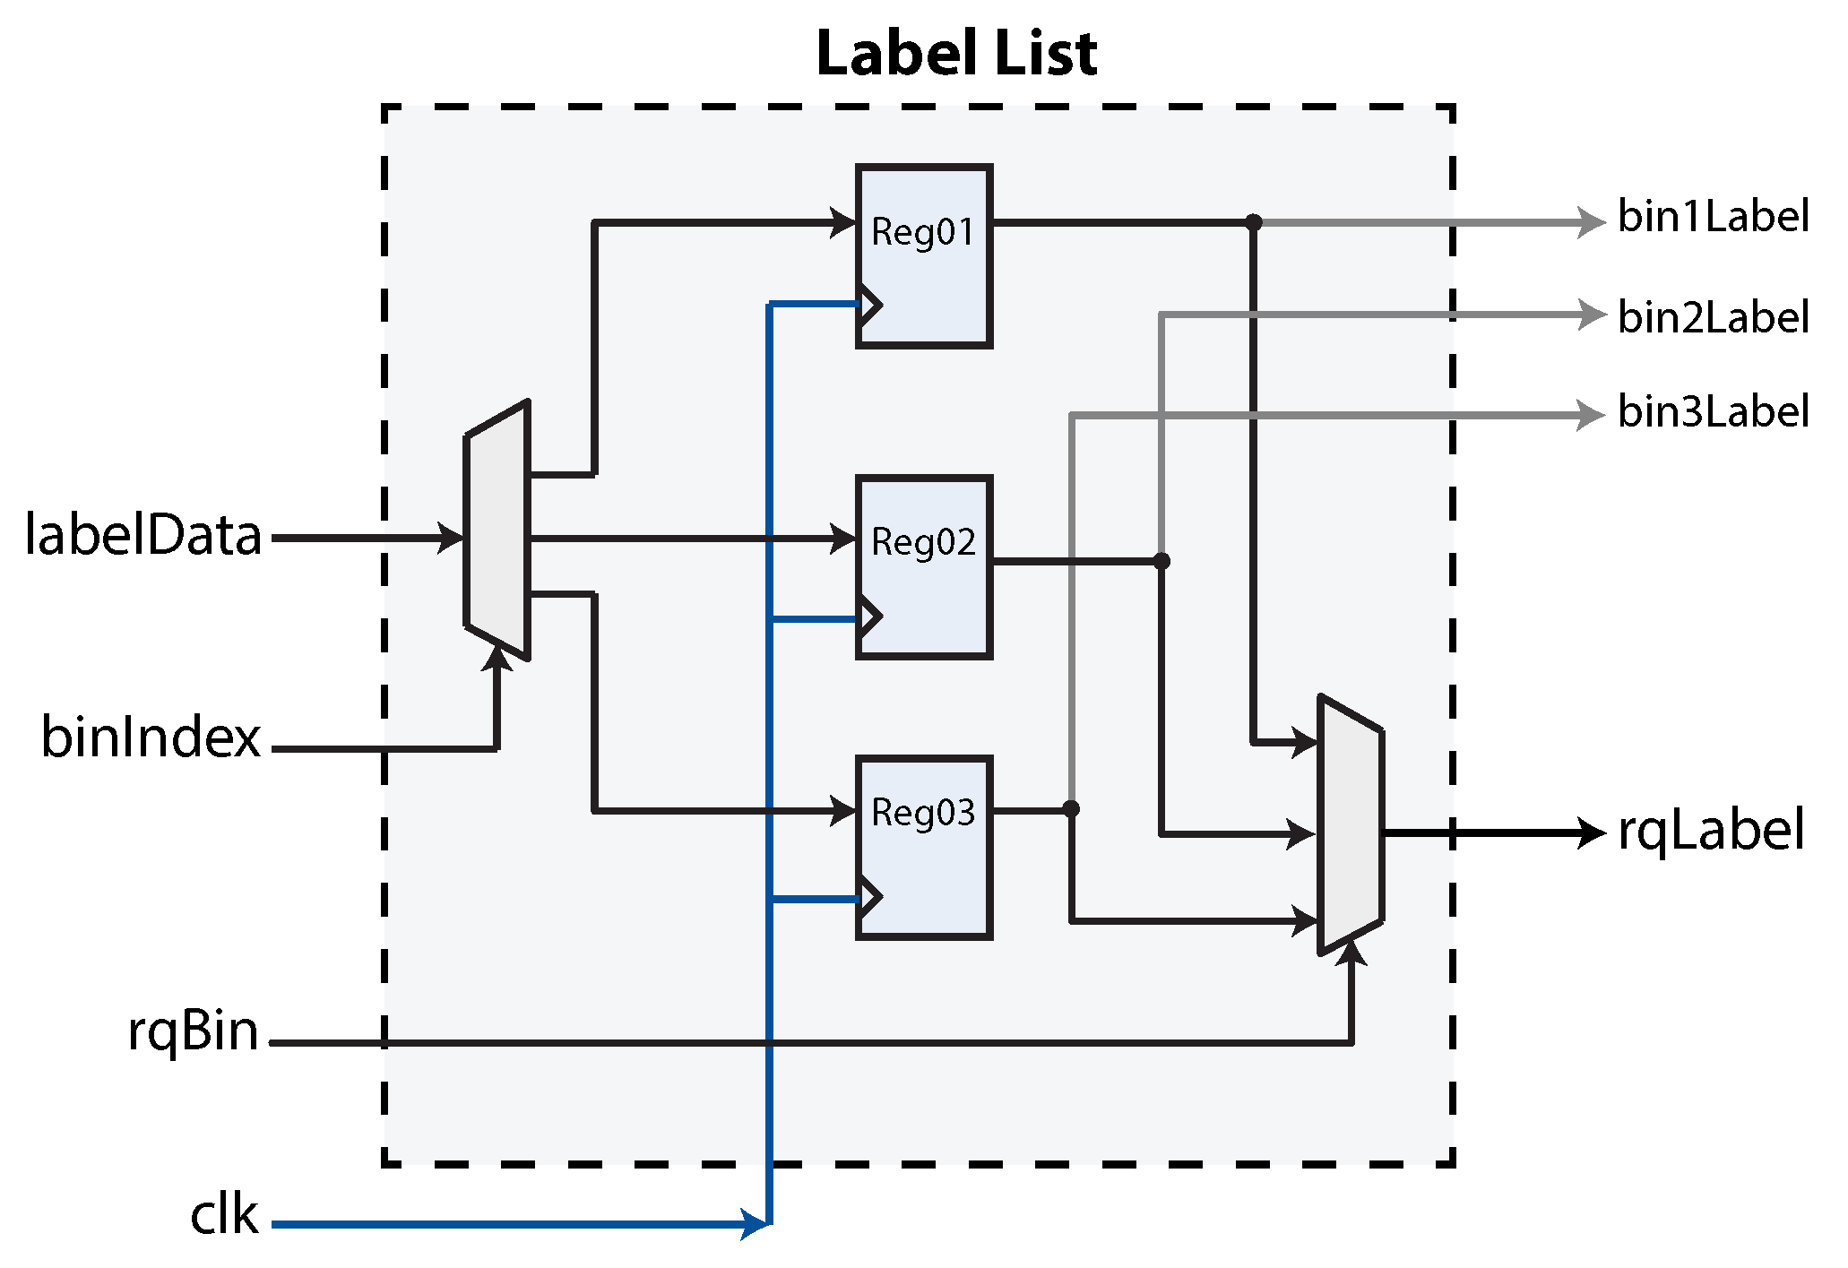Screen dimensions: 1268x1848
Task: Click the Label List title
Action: tap(956, 54)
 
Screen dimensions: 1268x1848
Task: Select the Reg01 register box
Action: tap(923, 255)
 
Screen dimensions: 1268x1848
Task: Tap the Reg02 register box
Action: tap(923, 567)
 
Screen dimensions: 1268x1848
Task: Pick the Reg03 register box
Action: tap(923, 847)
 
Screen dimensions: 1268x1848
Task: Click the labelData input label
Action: tap(143, 535)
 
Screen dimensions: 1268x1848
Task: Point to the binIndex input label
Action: tap(151, 738)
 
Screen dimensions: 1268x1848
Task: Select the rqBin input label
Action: tap(193, 1031)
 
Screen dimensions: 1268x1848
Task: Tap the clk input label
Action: tap(224, 1215)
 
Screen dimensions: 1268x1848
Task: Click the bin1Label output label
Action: tap(1713, 217)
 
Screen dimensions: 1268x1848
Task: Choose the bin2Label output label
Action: tap(1713, 317)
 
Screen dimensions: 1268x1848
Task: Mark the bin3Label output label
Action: tap(1713, 412)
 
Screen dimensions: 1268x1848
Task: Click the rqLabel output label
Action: tap(1711, 831)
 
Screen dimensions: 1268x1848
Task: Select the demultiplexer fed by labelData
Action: tap(497, 530)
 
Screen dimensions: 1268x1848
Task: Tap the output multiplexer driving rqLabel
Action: tap(1351, 825)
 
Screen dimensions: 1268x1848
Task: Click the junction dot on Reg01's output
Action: tap(1254, 222)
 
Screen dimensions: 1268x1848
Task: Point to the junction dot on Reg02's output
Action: tap(1161, 561)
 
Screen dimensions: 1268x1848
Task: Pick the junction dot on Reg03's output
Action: tap(1071, 809)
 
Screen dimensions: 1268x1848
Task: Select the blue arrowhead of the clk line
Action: tap(756, 1223)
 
